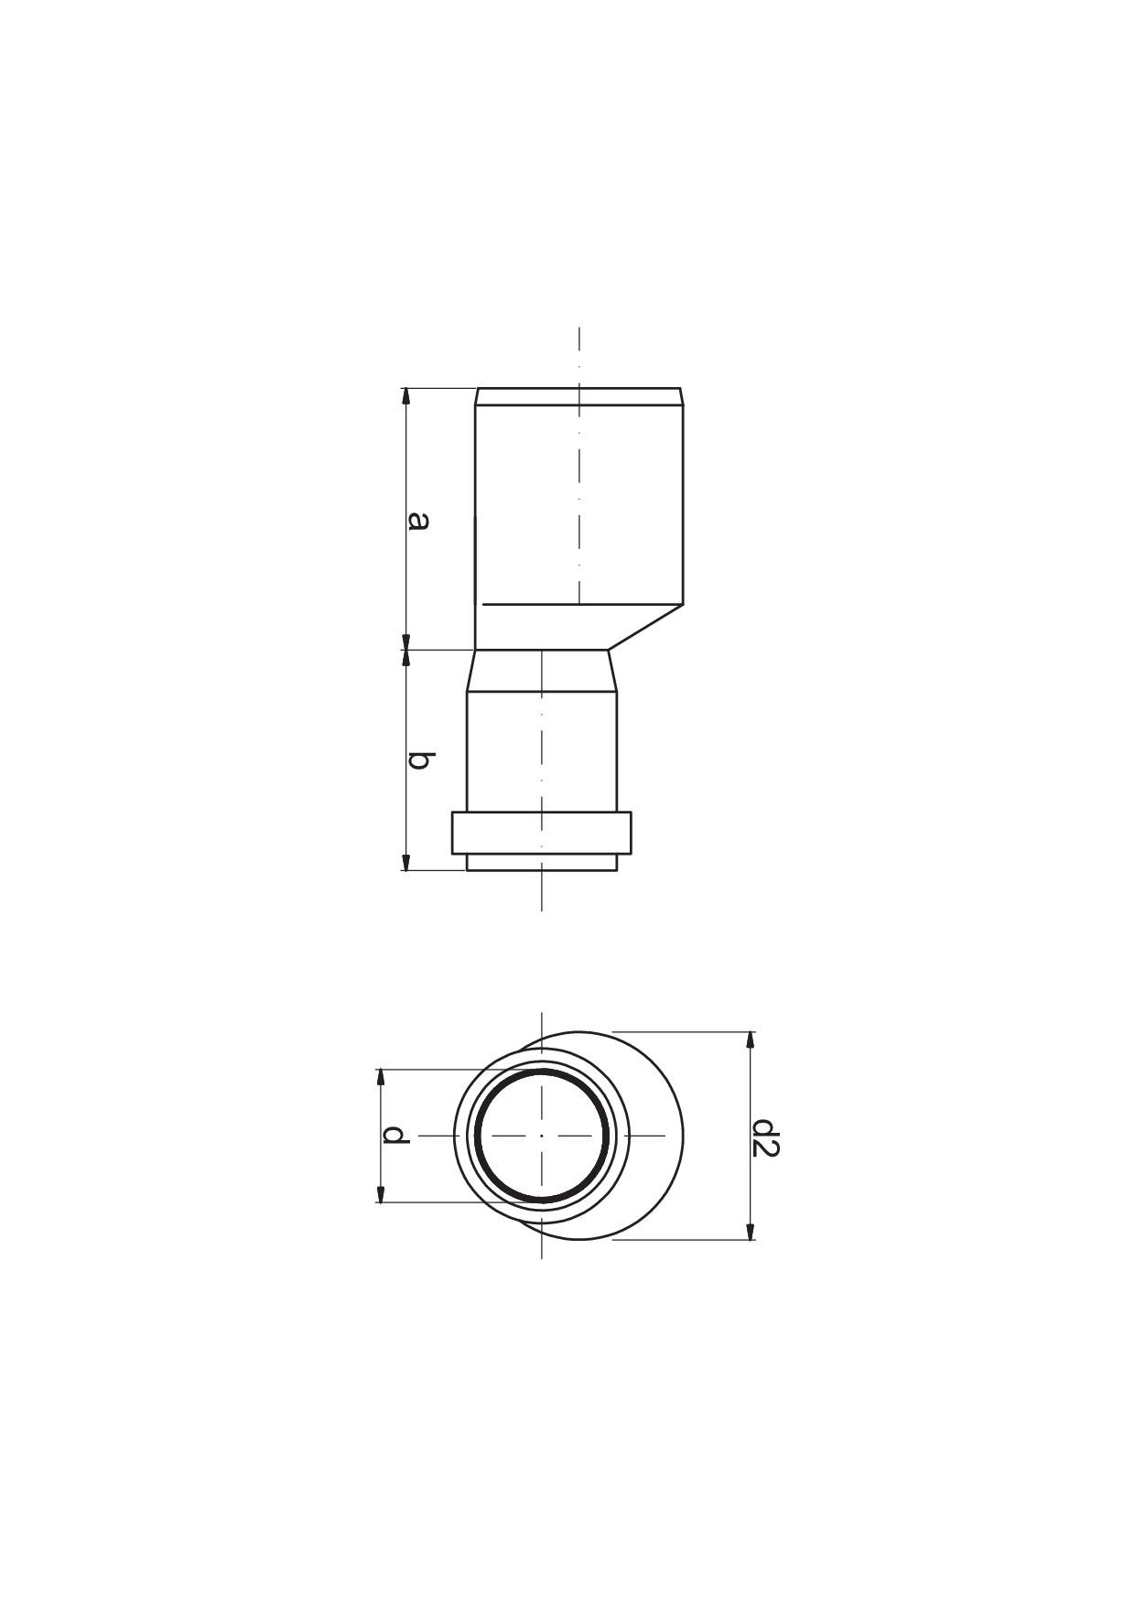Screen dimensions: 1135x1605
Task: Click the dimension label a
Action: (417, 521)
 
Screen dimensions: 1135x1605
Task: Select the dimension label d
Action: (395, 1136)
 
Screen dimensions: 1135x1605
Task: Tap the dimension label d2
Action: (764, 1137)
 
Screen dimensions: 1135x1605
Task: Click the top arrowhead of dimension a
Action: (406, 395)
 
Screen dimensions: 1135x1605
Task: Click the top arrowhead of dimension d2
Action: (751, 1040)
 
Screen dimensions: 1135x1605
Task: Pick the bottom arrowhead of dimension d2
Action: (751, 1232)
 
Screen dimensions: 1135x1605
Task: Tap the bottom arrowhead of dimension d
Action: (381, 1193)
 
